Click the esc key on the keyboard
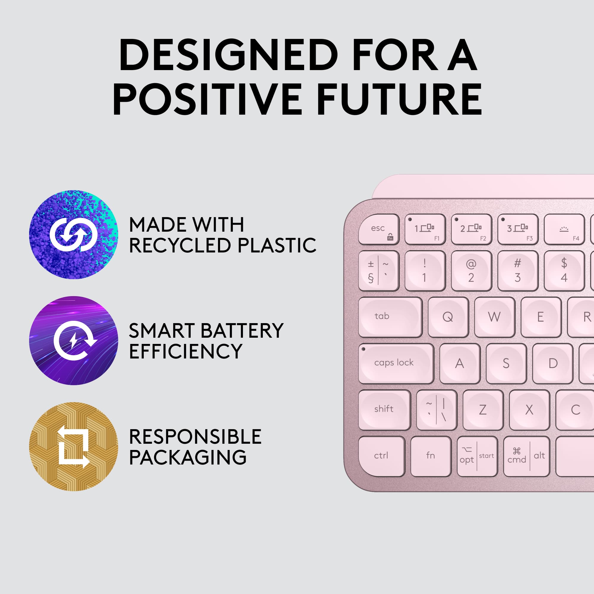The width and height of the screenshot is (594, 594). point(379,229)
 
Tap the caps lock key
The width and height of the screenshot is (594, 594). point(396,364)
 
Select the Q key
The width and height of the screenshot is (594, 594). point(448,317)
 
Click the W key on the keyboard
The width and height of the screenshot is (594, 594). point(495,317)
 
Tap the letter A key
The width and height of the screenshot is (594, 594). point(460,364)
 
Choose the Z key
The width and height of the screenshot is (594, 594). point(483,410)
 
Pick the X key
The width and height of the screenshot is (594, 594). point(529,410)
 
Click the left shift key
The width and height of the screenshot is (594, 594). point(384,410)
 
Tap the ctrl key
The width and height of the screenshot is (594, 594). point(382,456)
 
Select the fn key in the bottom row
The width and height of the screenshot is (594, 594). point(431,456)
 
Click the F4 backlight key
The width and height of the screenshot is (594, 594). point(564,229)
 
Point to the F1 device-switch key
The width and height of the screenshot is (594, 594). point(425,229)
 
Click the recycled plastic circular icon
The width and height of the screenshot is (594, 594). point(73,235)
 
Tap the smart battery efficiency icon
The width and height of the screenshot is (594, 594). point(73,340)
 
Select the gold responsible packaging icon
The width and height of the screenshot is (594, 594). point(73,446)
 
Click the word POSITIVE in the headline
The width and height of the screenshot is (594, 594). point(207,99)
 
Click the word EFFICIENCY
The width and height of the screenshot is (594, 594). point(186,351)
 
